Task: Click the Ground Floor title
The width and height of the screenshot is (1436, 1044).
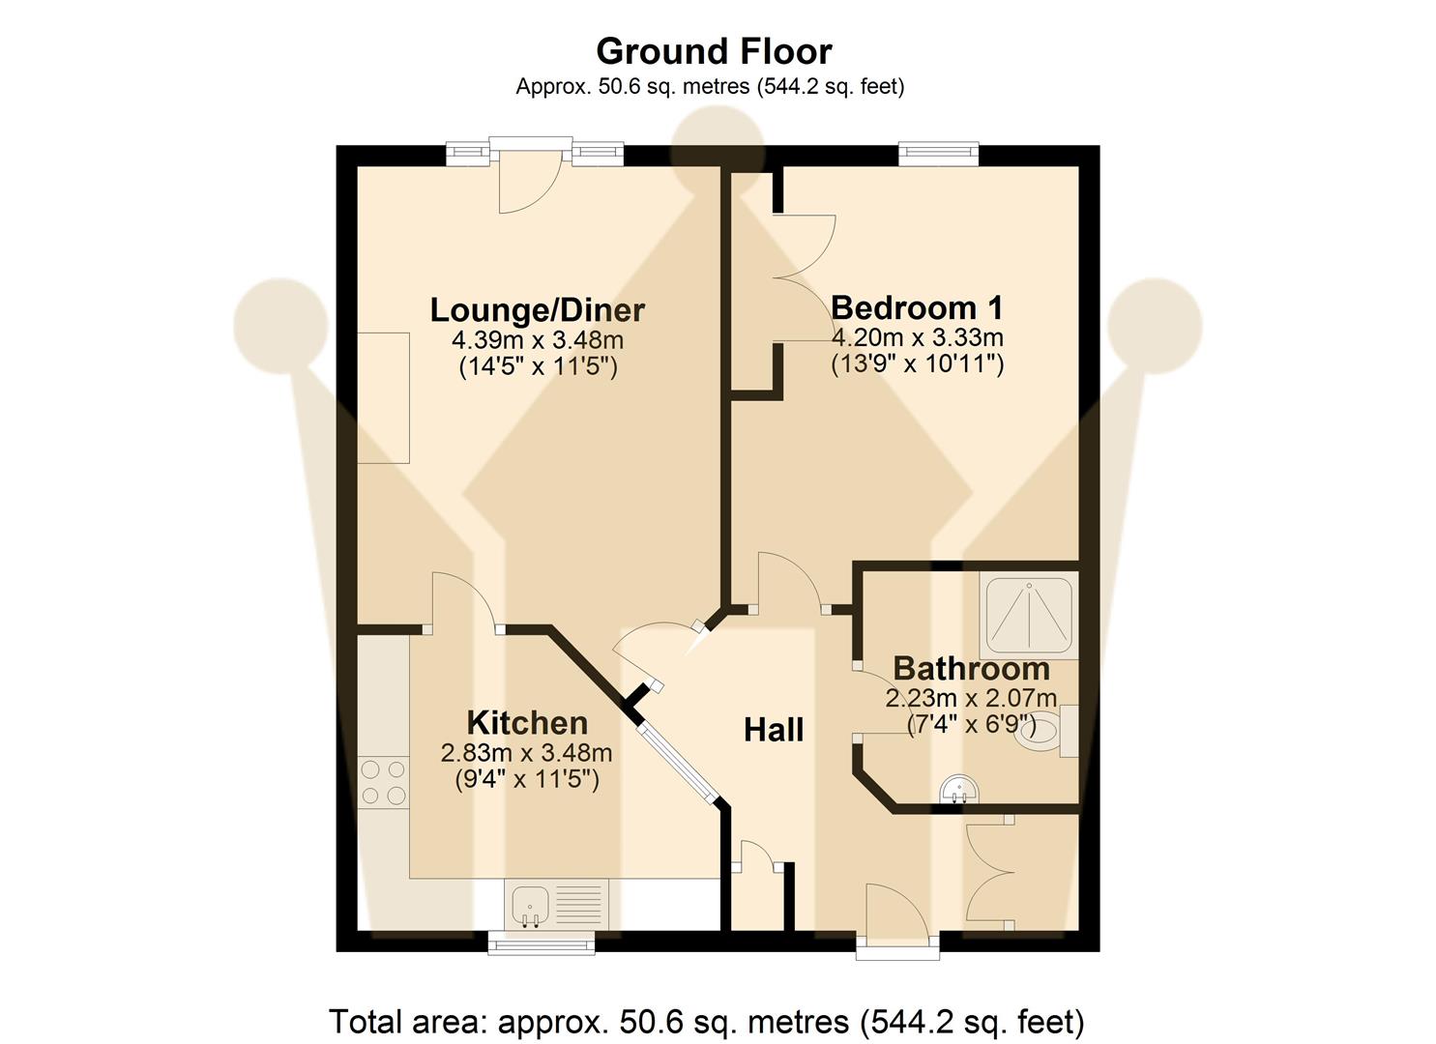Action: (714, 51)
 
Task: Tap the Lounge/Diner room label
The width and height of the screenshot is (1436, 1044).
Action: (537, 310)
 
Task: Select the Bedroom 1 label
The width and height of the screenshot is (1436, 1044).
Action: (917, 308)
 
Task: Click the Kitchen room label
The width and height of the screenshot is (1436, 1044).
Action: (527, 723)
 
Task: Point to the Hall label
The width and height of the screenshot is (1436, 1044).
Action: (774, 730)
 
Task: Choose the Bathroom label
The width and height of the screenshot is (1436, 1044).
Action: (971, 668)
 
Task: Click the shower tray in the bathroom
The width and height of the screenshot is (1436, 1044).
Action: (1029, 612)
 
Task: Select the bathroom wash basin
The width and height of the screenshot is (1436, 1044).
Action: (959, 791)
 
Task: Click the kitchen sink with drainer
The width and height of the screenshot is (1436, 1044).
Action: (554, 906)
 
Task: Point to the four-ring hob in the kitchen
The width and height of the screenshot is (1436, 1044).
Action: (383, 782)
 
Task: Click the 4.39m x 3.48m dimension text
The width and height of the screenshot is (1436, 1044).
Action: (537, 340)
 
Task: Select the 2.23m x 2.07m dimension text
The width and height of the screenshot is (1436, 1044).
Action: (971, 698)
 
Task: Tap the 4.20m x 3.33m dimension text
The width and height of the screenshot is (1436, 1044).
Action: (917, 337)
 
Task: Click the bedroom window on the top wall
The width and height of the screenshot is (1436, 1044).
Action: (938, 153)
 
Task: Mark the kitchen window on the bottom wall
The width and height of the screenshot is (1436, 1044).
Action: (541, 942)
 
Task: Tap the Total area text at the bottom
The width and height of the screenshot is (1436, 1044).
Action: (706, 1021)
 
